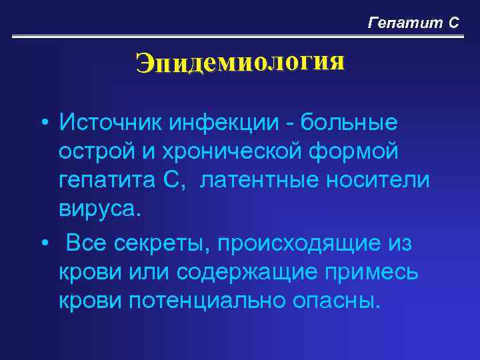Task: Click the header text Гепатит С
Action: pos(413,23)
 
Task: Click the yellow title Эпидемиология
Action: pos(240,63)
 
